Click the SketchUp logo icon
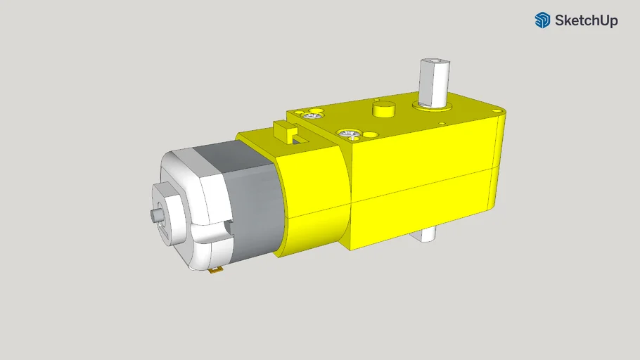coord(542,20)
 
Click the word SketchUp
coord(586,20)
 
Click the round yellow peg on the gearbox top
coord(384,109)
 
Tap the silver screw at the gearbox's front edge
coord(347,133)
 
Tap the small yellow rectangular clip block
coord(283,131)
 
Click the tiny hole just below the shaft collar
coord(441,124)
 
